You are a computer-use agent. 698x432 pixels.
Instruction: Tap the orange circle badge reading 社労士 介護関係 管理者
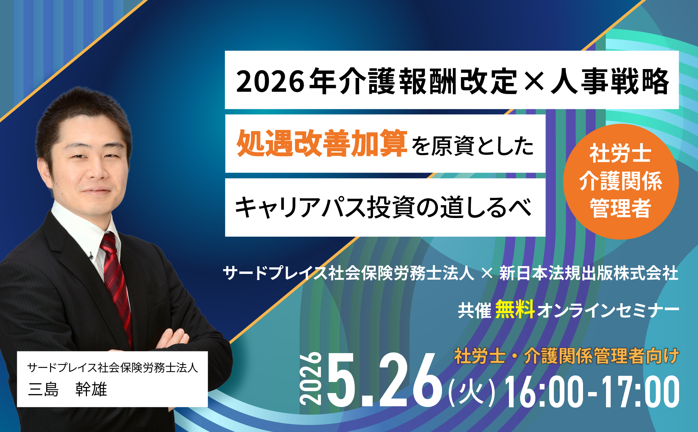click(x=621, y=181)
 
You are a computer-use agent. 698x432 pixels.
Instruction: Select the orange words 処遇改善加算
click(x=322, y=144)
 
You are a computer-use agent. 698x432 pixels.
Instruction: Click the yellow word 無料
click(x=515, y=309)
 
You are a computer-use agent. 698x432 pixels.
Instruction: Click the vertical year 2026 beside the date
click(x=310, y=379)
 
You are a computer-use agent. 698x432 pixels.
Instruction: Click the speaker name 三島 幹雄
click(x=68, y=389)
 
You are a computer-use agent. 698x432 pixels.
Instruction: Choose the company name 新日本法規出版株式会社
click(x=589, y=273)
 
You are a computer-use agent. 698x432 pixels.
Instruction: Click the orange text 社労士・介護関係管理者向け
click(x=566, y=356)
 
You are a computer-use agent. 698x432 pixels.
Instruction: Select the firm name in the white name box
click(x=112, y=368)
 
